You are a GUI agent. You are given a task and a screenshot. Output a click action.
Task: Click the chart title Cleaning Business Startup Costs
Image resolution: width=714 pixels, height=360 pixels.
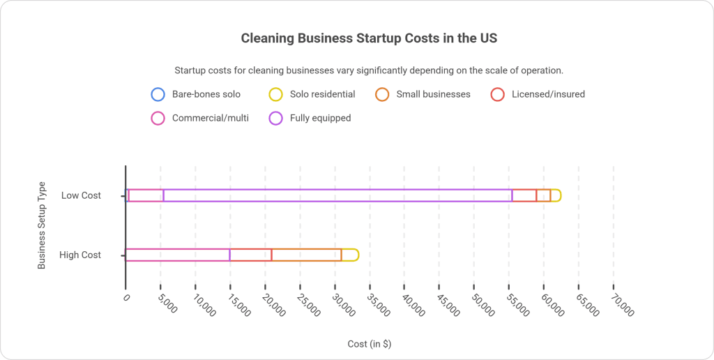[369, 38]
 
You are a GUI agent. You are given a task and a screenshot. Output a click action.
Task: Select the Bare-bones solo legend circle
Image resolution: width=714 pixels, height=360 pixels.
[158, 94]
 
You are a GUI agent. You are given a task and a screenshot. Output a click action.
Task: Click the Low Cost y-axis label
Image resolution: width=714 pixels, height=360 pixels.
[81, 195]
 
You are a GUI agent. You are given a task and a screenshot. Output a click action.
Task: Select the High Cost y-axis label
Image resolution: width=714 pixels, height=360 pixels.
[80, 255]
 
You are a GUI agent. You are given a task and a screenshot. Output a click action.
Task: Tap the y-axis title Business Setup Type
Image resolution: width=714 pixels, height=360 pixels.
[42, 225]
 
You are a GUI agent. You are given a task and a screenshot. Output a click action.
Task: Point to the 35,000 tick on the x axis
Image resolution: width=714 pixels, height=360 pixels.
[379, 304]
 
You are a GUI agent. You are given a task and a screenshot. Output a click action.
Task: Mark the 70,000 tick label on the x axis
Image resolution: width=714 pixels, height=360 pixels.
[623, 304]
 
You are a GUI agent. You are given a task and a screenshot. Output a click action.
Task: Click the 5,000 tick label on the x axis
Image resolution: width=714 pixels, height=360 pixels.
[169, 304]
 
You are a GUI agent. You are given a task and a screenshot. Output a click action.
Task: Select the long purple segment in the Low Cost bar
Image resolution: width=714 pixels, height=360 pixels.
[338, 195]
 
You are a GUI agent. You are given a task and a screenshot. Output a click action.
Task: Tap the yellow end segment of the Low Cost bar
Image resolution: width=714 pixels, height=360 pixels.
[556, 195]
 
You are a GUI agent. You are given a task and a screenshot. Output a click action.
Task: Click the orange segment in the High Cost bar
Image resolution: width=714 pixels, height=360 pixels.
[307, 255]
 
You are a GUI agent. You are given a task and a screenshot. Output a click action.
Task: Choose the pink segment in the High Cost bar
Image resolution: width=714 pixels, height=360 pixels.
[178, 255]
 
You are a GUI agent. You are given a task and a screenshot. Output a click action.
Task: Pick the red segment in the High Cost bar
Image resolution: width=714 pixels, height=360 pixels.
[251, 255]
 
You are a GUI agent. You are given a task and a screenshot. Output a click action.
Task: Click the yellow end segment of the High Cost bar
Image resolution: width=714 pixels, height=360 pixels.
[350, 255]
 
